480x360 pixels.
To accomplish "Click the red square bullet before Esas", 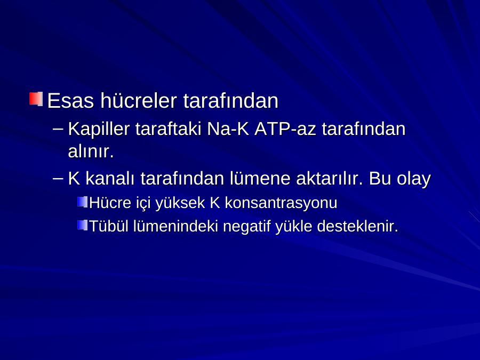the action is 36,99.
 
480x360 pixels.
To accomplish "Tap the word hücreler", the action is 139,100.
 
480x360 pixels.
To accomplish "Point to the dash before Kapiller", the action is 58,129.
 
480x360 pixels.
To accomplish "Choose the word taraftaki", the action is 168,129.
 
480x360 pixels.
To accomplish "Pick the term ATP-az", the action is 285,129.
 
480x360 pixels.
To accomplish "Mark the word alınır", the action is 91,151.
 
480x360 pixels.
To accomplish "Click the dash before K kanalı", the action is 58,179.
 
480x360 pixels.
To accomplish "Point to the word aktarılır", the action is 330,179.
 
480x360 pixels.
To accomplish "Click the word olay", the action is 414,179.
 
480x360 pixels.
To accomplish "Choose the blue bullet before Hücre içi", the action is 82,202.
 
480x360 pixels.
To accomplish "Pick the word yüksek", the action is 180,203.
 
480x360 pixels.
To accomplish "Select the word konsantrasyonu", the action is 281,203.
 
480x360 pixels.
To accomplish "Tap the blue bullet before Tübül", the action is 82,225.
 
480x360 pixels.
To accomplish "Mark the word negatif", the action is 247,227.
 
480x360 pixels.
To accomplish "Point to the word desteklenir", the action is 357,226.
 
